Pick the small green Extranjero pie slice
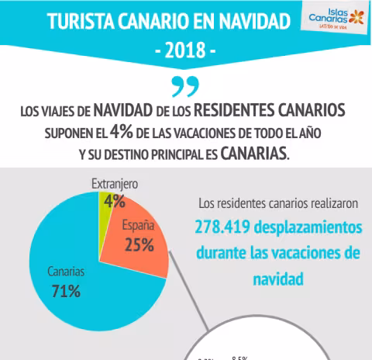108,206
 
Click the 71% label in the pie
67,292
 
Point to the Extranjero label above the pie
115,184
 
